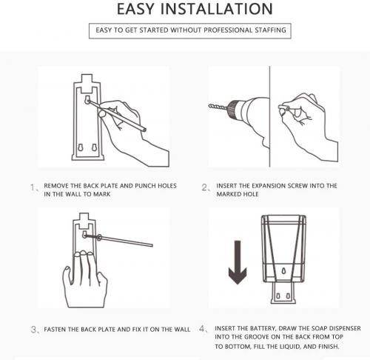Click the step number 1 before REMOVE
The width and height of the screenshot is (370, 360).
33,188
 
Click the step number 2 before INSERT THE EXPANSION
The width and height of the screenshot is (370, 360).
206,188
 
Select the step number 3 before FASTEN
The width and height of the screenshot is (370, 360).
34,329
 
